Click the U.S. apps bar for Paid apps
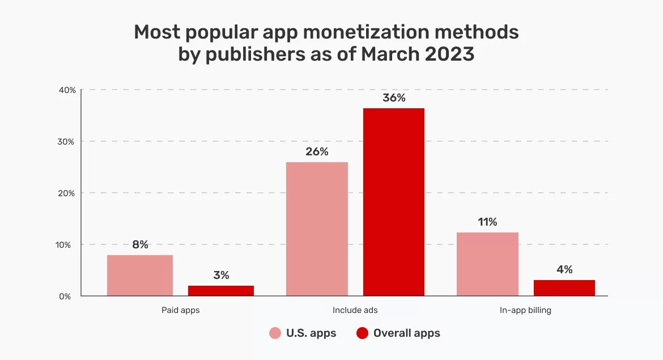coord(140,276)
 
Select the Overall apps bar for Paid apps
coord(221,291)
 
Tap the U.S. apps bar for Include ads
coord(317,229)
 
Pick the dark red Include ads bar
coord(394,202)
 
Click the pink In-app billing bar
coord(487,264)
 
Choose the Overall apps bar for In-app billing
coord(564,288)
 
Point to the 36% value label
coord(394,98)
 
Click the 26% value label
coord(317,152)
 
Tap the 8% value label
coord(140,245)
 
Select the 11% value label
coord(487,222)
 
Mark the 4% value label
coord(564,270)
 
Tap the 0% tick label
coord(68,297)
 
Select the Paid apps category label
coord(181,311)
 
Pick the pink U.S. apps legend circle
coord(275,333)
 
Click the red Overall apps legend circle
coord(363,333)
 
